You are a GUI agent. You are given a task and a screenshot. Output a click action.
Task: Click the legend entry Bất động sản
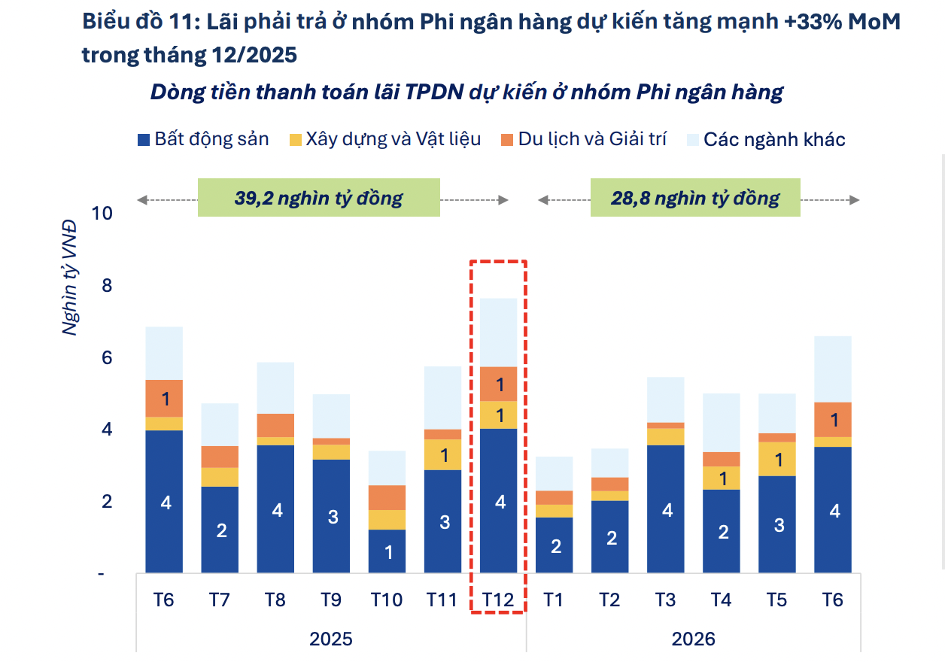coord(203,139)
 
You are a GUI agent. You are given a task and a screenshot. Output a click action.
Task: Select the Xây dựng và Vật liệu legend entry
coord(384,139)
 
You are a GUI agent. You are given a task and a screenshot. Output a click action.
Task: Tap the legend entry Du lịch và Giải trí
coord(583,139)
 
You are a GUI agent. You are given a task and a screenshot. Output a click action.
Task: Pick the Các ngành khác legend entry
coord(765,139)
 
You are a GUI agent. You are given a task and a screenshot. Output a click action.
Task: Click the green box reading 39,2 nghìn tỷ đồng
coord(318,199)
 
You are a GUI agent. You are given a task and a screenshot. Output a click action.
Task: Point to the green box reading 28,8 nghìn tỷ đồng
coord(695,199)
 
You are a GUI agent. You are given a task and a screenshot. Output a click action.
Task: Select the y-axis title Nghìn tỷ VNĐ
coord(70,277)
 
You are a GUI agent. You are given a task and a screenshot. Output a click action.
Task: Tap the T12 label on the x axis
coord(498,600)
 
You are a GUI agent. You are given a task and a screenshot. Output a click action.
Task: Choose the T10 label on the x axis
coord(387,600)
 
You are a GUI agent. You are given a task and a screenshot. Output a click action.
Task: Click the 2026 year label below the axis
coord(693,639)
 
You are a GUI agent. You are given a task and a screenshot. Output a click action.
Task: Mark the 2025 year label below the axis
coord(331,639)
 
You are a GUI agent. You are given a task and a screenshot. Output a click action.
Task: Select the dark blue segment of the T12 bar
coord(498,500)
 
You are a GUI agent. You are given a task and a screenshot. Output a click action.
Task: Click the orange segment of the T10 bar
coord(387,497)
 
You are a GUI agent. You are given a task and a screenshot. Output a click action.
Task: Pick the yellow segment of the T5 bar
coord(777,459)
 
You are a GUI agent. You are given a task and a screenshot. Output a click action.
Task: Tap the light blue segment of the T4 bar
coord(722,422)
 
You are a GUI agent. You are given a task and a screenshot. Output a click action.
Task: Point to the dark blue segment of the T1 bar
coord(555,545)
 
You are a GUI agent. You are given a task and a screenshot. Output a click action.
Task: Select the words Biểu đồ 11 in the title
coord(135,23)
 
